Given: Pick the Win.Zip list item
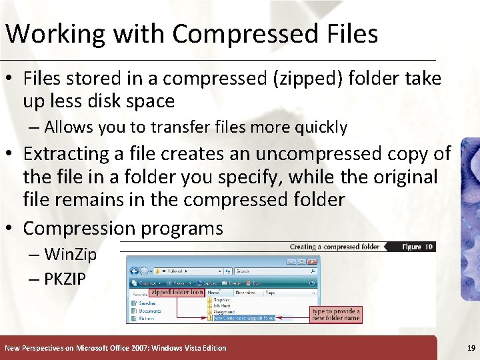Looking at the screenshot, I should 70,254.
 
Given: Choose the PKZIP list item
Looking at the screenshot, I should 65,279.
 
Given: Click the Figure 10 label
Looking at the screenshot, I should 418,247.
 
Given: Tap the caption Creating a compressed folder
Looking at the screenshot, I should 334,247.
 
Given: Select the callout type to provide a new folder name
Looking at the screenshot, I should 336,314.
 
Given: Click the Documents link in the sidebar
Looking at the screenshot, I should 151,311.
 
